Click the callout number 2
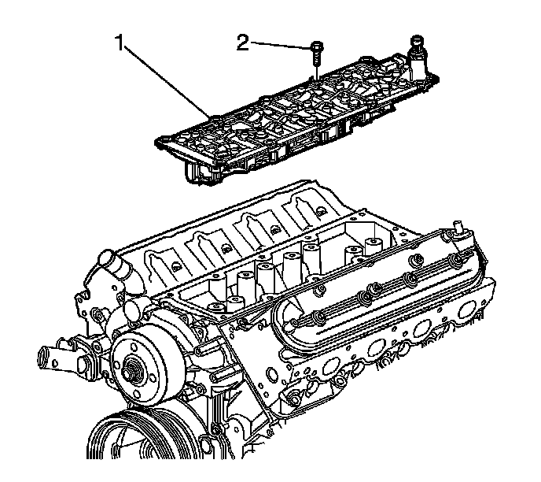point(244,42)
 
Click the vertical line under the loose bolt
point(315,72)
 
